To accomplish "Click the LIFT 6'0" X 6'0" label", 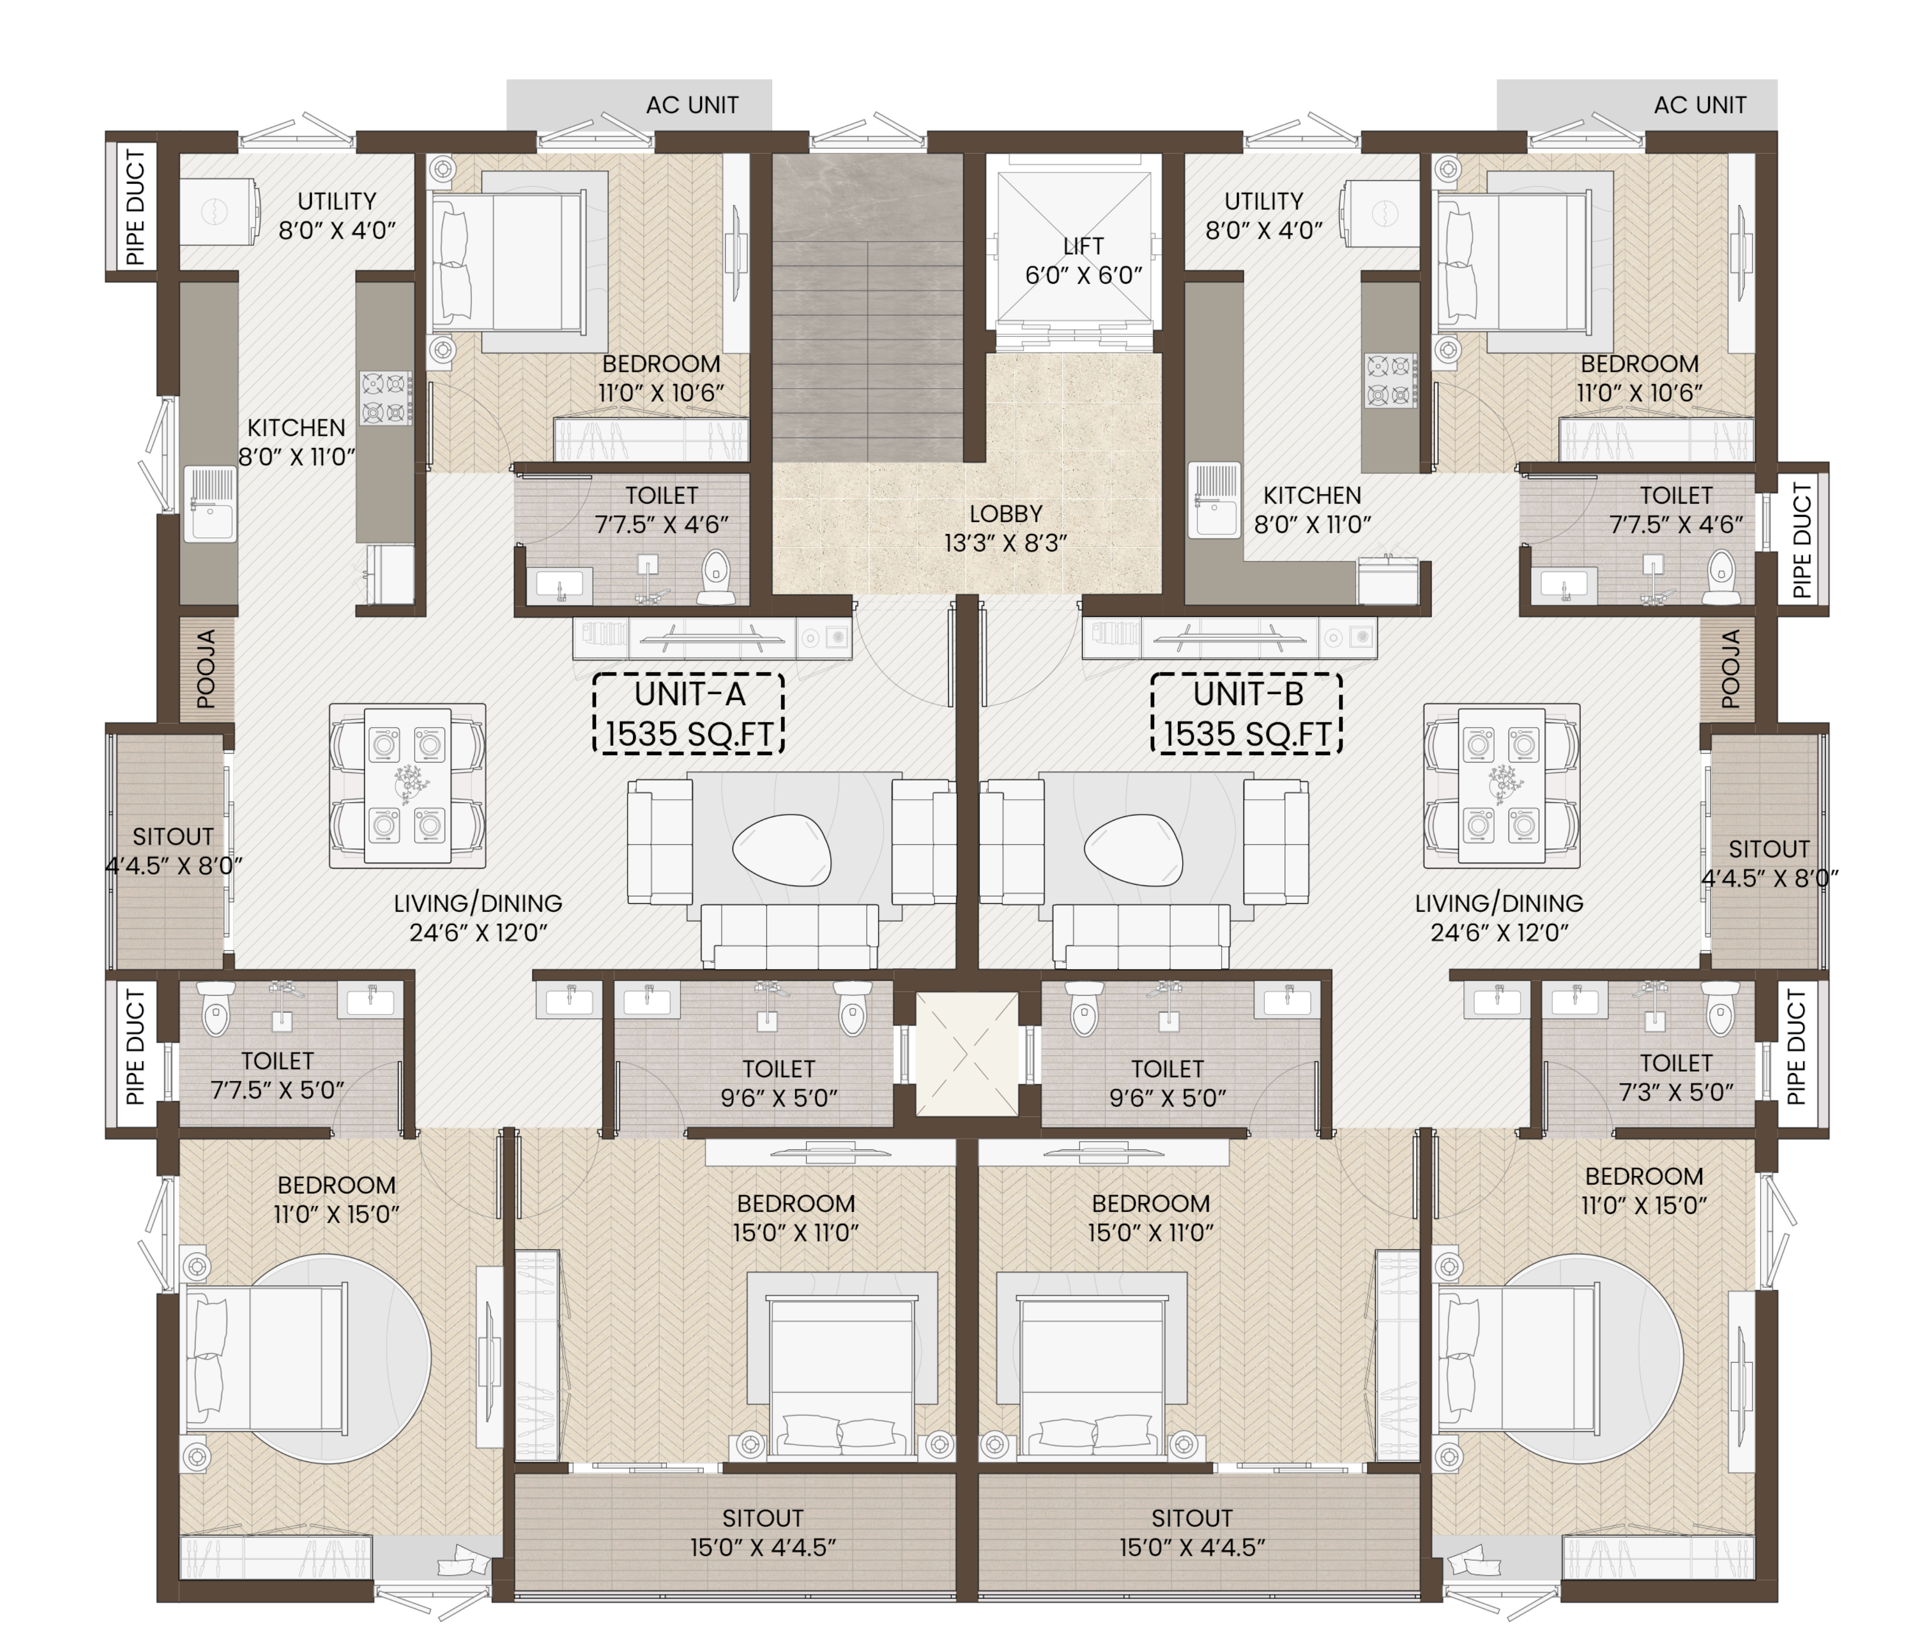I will (1083, 261).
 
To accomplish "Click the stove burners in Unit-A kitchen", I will (386, 398).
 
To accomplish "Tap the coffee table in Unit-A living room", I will (782, 850).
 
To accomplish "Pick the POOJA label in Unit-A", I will (207, 669).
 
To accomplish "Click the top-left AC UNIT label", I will (692, 105).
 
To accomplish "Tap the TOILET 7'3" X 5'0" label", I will (1676, 1077).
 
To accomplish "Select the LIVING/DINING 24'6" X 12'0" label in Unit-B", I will (1499, 918).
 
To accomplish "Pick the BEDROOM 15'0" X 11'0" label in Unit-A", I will (795, 1218).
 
